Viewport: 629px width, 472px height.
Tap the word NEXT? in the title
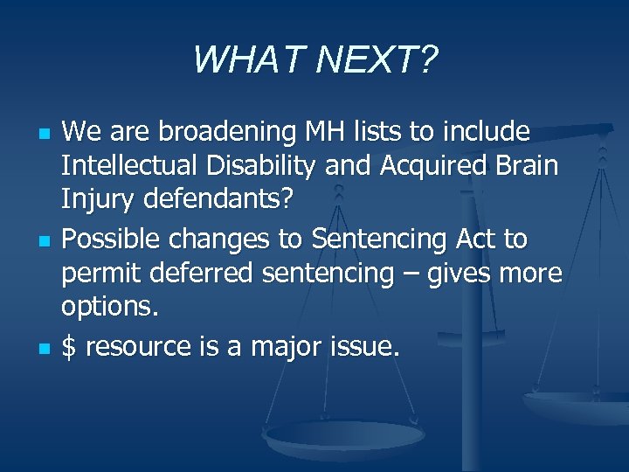coord(377,60)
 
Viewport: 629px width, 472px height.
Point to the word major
coord(284,348)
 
